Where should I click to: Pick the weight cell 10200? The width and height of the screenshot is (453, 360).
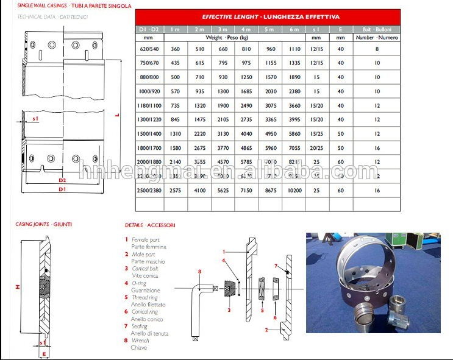294,191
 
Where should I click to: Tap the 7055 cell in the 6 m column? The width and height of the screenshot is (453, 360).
294,148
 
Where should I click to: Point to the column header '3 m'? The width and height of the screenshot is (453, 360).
222,29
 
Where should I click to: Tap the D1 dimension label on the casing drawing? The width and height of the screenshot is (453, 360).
62,189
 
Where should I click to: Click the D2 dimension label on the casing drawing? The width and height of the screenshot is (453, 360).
62,180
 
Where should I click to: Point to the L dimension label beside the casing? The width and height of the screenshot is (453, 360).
117,113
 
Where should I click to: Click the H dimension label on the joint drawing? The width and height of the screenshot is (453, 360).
18,286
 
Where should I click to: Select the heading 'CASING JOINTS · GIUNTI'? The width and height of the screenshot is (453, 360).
43,224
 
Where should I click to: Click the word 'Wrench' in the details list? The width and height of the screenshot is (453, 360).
140,341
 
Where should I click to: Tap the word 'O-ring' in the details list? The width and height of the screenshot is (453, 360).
139,283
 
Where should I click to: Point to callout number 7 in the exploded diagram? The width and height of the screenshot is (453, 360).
276,266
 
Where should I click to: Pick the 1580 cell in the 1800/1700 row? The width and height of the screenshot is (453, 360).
176,148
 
